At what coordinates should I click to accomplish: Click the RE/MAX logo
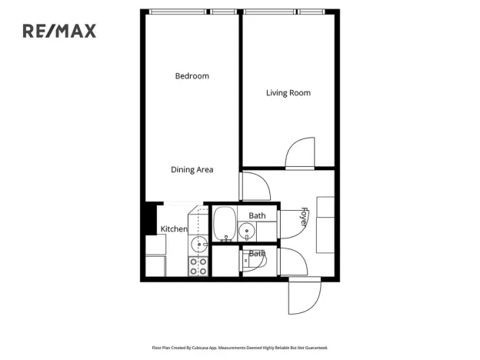tap(58, 31)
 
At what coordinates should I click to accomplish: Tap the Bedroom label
tap(192, 76)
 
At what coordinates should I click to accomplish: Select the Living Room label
tap(288, 93)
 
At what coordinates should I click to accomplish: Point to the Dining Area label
tap(192, 170)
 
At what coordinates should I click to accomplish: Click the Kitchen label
tap(174, 229)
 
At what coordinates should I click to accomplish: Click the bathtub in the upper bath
tap(224, 224)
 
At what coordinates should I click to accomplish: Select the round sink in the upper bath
tap(247, 230)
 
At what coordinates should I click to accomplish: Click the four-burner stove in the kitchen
tap(198, 265)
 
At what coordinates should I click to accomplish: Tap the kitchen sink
tap(198, 245)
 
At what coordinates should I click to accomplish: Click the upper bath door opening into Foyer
tap(292, 224)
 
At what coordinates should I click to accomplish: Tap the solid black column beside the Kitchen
tap(150, 219)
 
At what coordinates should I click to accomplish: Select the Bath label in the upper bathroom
tap(257, 215)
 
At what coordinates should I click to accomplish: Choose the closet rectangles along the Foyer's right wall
tap(325, 225)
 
